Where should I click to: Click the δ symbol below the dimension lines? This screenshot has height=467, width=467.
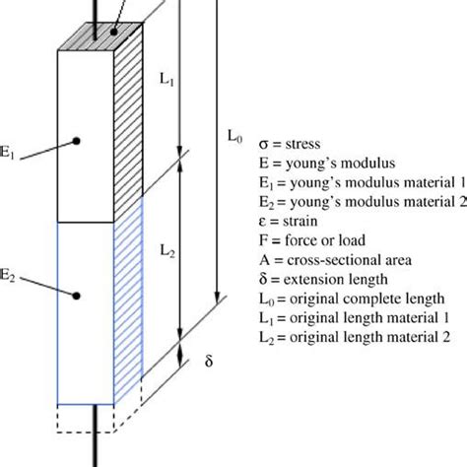[x=208, y=361]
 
